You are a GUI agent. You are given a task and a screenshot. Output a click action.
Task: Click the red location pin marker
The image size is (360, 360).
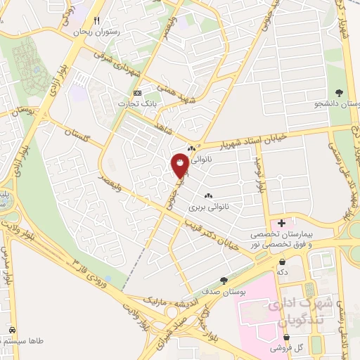[180, 165]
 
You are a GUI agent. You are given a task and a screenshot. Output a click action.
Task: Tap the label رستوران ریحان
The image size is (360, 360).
[98, 32]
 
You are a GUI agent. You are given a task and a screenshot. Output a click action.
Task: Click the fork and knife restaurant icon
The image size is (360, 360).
[98, 20]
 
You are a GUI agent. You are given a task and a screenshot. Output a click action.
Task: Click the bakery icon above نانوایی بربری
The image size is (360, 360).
[207, 196]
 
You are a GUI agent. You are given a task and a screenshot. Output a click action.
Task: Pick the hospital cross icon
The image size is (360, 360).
[281, 223]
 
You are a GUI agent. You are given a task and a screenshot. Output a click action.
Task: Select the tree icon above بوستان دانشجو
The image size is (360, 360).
[340, 93]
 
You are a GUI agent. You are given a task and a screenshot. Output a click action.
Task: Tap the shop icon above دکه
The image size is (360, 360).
[282, 262]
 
